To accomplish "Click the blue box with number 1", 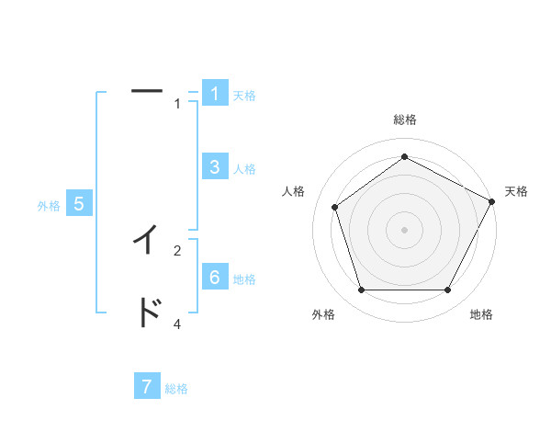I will pyautogui.click(x=214, y=94).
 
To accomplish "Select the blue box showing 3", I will pyautogui.click(x=214, y=166).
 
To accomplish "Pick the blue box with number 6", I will pyautogui.click(x=214, y=278).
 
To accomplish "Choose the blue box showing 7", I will pyautogui.click(x=147, y=387).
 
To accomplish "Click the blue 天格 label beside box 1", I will pyautogui.click(x=244, y=95).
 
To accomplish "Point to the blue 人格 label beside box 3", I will pyautogui.click(x=244, y=169).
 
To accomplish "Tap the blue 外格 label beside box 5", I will pyautogui.click(x=49, y=207).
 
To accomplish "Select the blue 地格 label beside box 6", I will pyautogui.click(x=244, y=279).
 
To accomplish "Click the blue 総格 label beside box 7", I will pyautogui.click(x=177, y=389).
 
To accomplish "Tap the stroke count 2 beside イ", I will pyautogui.click(x=177, y=250).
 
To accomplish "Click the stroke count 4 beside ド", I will pyautogui.click(x=177, y=324).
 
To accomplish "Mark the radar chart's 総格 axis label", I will pyautogui.click(x=405, y=120).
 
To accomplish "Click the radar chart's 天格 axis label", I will pyautogui.click(x=517, y=192).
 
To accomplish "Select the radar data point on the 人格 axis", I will pyautogui.click(x=334, y=207).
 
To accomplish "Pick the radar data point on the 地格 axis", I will pyautogui.click(x=447, y=290).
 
